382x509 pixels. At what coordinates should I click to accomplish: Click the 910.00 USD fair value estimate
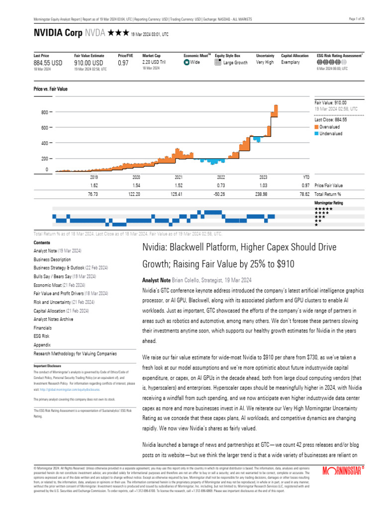tap(89, 63)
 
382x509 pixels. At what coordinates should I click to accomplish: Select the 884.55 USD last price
tap(48, 63)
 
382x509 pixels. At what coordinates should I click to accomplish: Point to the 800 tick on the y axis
tap(44, 112)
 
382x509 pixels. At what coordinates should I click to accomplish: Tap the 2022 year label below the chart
tap(221, 177)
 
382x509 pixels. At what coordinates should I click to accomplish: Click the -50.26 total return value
tap(221, 194)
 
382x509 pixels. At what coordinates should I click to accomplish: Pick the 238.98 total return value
tap(264, 194)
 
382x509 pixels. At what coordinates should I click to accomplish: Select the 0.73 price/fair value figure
tap(221, 185)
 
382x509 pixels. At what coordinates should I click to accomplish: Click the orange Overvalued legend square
tap(316, 127)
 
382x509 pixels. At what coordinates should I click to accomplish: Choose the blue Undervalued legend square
tap(316, 133)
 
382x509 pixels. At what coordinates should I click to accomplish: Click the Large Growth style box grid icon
tap(218, 63)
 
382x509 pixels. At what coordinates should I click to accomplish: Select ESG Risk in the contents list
tap(42, 336)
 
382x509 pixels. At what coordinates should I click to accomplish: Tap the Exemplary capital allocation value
tap(290, 63)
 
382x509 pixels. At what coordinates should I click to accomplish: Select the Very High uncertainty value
tap(265, 63)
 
